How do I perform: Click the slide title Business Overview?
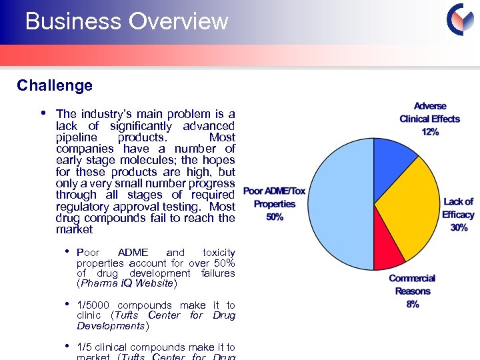click(127, 21)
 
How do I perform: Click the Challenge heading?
click(55, 85)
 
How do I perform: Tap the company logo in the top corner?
click(459, 19)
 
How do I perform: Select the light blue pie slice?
click(340, 207)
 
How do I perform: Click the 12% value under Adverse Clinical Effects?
click(430, 132)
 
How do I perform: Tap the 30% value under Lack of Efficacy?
click(459, 227)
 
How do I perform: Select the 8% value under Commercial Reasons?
click(412, 304)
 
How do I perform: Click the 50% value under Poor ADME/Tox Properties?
click(275, 217)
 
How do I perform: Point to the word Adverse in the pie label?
click(430, 106)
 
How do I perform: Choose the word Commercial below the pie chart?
click(412, 279)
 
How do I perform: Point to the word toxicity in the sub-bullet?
click(218, 253)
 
